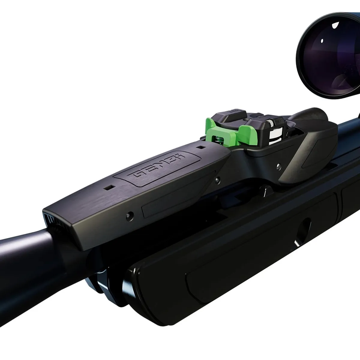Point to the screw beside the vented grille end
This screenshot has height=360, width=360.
(x=130, y=215)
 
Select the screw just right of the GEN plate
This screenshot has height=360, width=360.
(x=216, y=180)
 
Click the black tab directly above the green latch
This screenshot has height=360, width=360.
(x=234, y=115)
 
